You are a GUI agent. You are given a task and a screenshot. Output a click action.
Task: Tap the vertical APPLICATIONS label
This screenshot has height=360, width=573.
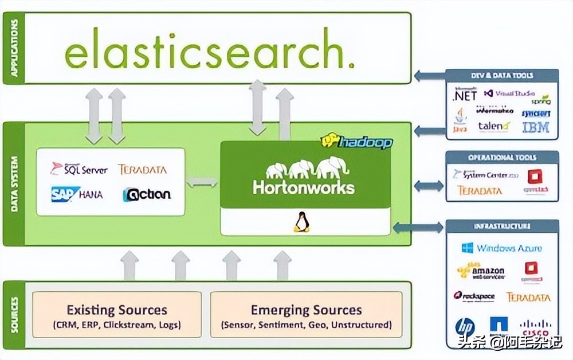click(x=14, y=48)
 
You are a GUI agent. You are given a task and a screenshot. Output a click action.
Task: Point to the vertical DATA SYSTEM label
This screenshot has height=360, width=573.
click(x=14, y=183)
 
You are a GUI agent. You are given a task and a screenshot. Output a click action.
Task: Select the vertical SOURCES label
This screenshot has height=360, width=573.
click(x=14, y=315)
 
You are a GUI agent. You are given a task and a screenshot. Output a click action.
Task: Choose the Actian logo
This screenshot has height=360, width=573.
click(x=147, y=194)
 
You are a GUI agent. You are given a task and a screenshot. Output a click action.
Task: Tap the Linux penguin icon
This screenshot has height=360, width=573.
click(x=301, y=222)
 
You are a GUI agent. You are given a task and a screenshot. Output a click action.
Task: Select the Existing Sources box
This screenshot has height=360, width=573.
click(x=117, y=315)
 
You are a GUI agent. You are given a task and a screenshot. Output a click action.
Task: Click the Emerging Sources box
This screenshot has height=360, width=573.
click(x=306, y=315)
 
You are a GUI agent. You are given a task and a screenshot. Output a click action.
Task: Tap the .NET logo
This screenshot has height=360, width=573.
click(x=465, y=95)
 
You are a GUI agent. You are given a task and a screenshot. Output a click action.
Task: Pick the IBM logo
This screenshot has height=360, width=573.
click(x=536, y=127)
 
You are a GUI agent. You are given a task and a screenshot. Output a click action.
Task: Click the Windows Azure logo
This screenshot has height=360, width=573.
click(x=501, y=248)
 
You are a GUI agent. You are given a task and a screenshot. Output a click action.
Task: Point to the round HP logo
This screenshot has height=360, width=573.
click(x=465, y=327)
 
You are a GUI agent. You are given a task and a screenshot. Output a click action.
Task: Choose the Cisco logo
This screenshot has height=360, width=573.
click(x=535, y=328)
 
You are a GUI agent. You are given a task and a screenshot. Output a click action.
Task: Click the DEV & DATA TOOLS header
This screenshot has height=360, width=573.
click(x=502, y=75)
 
